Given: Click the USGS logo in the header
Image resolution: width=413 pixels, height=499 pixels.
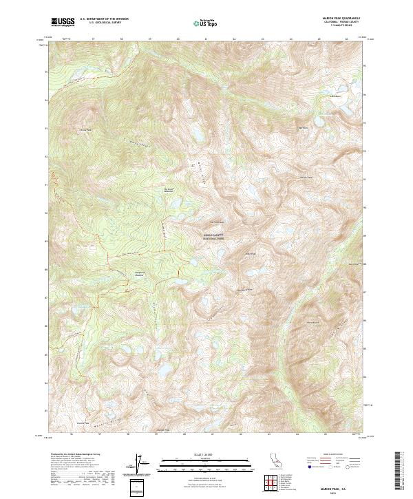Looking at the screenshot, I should [63, 22].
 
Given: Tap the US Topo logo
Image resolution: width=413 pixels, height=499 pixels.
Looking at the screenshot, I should [206, 23].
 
